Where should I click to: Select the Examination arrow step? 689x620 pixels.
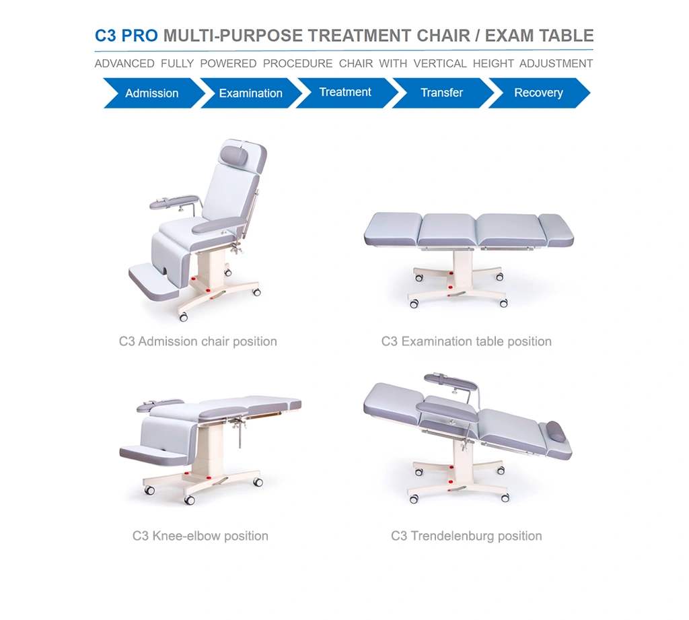(251, 93)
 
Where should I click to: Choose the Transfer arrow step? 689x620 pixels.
(443, 93)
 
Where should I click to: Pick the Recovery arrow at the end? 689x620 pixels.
(539, 93)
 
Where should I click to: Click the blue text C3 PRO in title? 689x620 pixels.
(126, 36)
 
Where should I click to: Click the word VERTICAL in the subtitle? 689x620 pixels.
(440, 64)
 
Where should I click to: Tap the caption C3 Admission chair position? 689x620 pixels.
(198, 342)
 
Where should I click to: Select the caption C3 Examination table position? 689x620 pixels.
(466, 342)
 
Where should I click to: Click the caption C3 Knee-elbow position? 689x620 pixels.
(201, 536)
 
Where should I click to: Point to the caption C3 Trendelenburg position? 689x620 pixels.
(466, 536)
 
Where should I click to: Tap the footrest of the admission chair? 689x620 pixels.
(154, 282)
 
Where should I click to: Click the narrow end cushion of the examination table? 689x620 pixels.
(556, 230)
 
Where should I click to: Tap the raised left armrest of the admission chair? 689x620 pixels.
(174, 202)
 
